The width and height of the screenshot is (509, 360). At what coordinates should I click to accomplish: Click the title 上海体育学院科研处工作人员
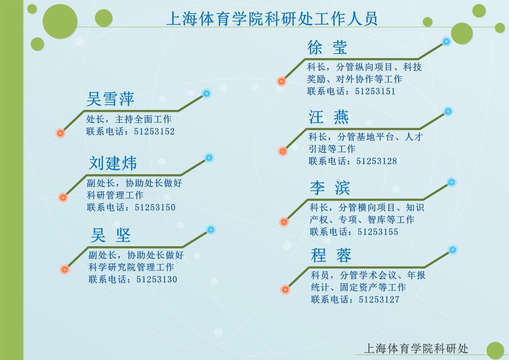[272, 18]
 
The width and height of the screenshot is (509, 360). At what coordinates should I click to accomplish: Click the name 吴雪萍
[110, 98]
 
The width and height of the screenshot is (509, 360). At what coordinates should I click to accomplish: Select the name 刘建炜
[113, 163]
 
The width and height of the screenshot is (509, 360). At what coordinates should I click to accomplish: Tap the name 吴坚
[111, 235]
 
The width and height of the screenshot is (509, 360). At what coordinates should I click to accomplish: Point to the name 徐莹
[327, 47]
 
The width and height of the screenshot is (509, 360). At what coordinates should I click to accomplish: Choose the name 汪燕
[329, 117]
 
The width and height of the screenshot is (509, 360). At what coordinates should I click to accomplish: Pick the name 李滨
[330, 188]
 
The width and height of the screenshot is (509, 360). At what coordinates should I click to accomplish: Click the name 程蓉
[331, 255]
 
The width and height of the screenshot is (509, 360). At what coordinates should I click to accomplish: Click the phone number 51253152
[154, 131]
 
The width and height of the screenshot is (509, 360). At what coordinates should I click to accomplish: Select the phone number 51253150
[155, 207]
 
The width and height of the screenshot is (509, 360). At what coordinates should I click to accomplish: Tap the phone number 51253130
[157, 279]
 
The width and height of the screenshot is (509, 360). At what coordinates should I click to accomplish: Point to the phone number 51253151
[375, 91]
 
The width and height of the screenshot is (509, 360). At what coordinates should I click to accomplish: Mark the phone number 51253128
[377, 161]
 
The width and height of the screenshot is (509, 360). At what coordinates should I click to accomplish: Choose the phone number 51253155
[378, 232]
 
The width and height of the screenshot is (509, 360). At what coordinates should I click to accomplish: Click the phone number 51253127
[379, 299]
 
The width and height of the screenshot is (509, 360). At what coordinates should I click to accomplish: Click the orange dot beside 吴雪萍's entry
[60, 133]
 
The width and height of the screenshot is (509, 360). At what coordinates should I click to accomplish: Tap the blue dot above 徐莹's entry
[447, 42]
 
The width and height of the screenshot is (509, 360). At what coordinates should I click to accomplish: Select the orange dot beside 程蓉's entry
[285, 289]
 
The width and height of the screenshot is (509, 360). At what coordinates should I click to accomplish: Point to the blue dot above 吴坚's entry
[211, 230]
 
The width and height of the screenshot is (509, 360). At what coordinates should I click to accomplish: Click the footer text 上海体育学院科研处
[417, 349]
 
